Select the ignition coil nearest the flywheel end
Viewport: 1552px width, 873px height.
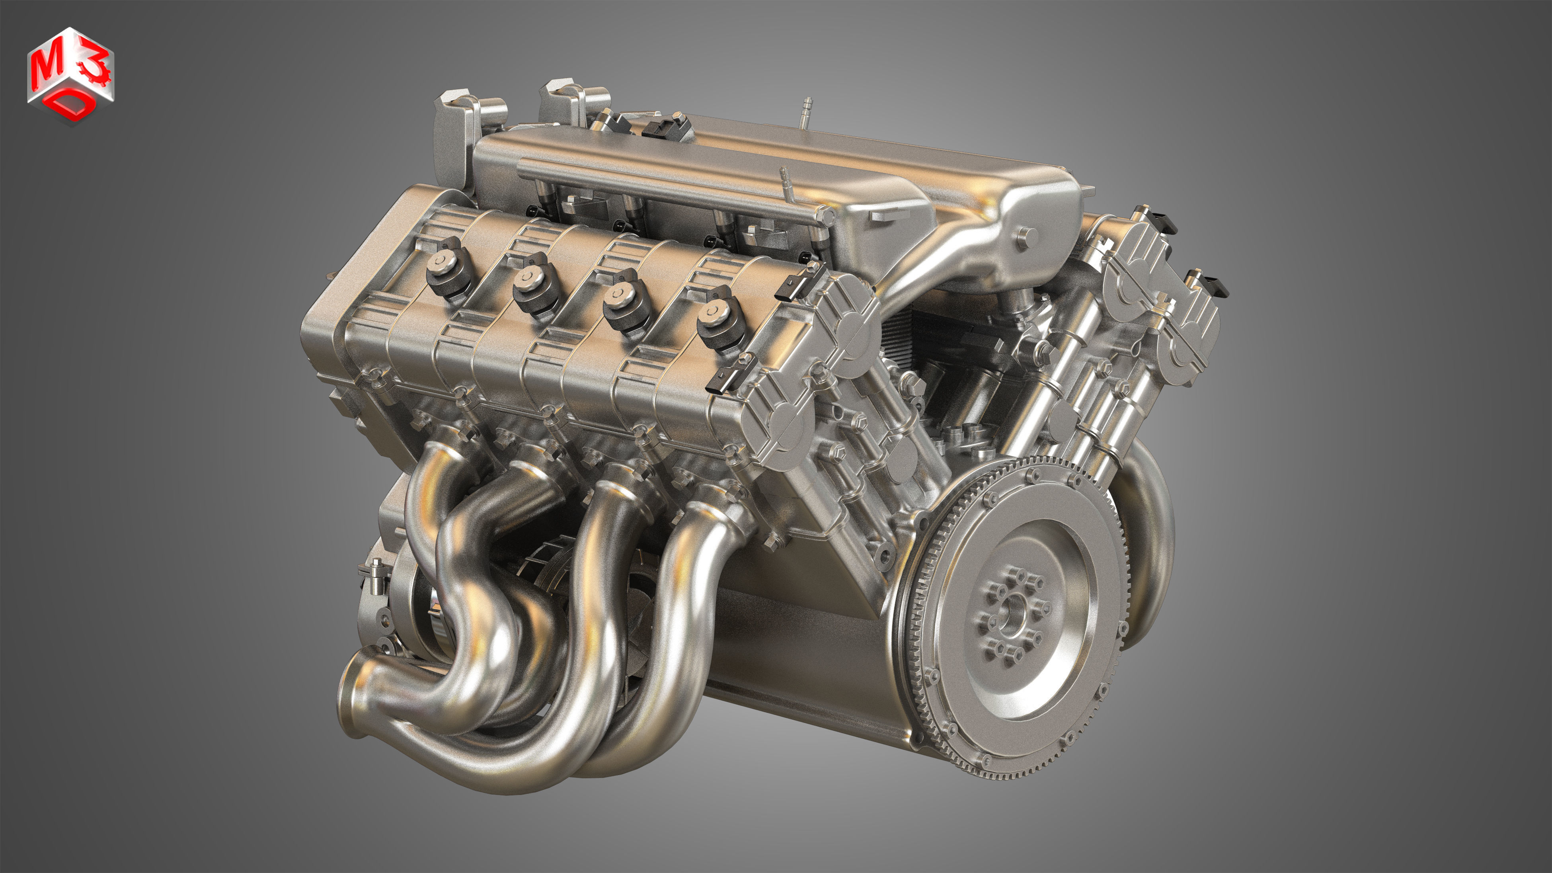715,324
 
